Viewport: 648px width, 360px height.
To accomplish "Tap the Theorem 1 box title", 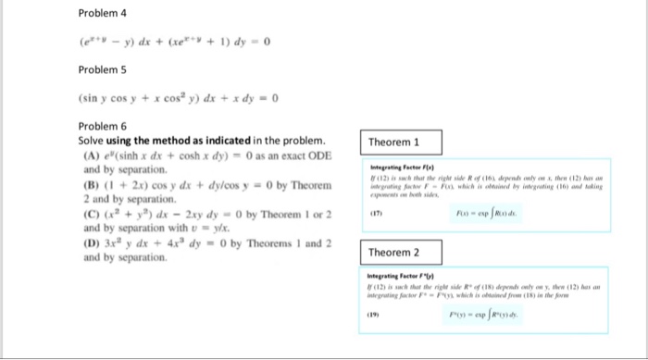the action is pos(394,143).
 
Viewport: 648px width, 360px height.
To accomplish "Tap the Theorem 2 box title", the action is pos(394,252).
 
